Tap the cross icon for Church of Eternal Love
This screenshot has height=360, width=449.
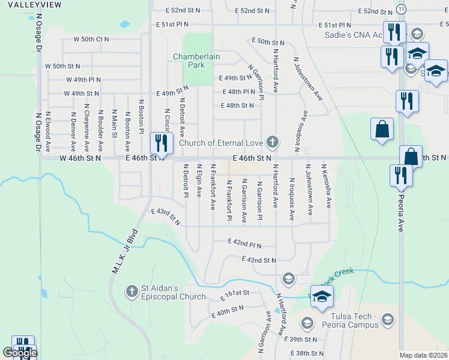[273, 142]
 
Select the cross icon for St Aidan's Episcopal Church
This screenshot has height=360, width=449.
[131, 292]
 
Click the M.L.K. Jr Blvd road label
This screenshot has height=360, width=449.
[125, 251]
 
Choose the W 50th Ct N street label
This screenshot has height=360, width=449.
[91, 38]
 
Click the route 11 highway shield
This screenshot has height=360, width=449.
[401, 10]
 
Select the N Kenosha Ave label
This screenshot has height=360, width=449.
[327, 187]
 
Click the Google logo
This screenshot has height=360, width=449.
[20, 353]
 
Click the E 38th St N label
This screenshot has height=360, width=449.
[307, 354]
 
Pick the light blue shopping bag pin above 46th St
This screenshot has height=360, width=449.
[382, 130]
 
